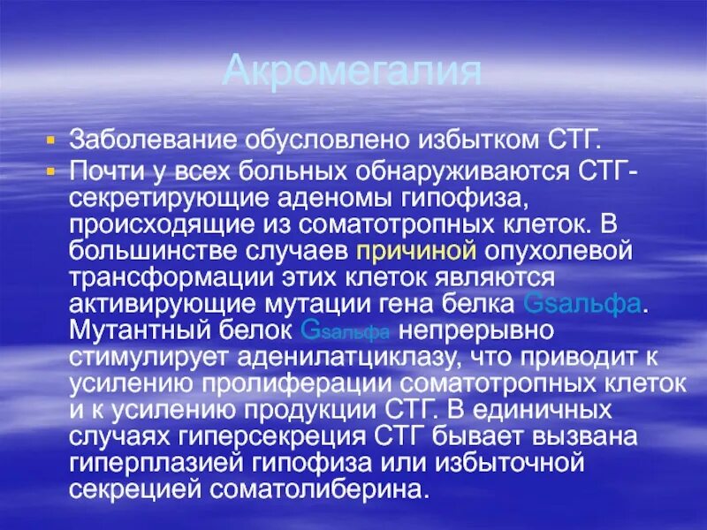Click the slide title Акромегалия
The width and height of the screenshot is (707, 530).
point(352,70)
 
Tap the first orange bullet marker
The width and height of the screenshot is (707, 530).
point(50,140)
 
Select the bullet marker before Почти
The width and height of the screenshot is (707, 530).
point(50,168)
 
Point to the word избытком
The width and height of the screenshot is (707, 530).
point(454,140)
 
